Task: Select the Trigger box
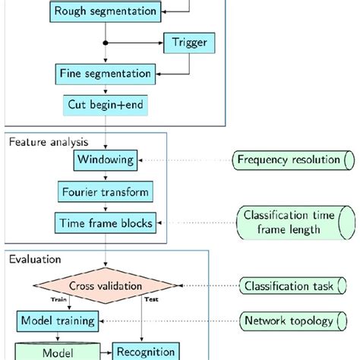coord(185,43)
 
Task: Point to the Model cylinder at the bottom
coord(58,352)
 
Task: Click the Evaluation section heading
coord(33,258)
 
